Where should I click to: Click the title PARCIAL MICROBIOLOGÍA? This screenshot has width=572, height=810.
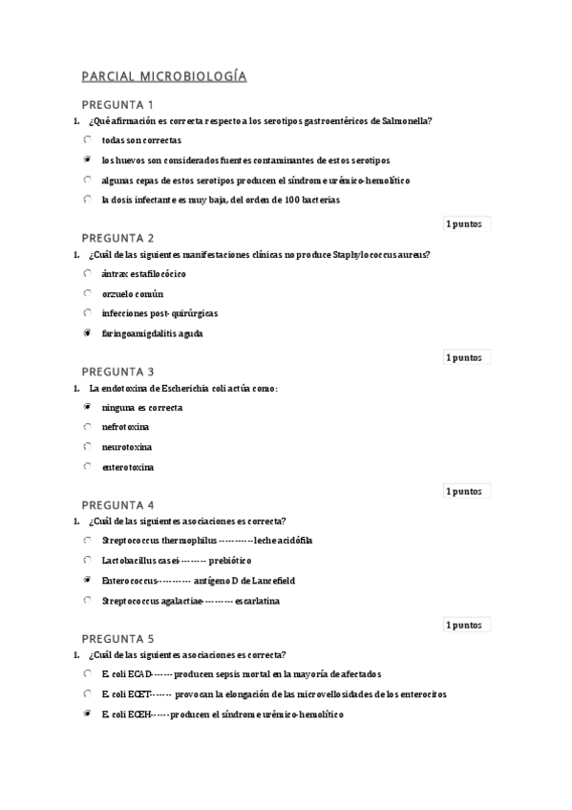[164, 76]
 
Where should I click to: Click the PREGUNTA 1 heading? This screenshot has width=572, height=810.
[117, 104]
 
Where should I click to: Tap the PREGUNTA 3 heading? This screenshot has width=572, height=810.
[117, 371]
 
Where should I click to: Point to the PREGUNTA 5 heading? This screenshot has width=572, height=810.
[117, 638]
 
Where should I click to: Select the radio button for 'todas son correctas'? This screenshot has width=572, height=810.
[87, 139]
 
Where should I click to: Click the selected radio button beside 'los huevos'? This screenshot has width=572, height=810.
[87, 160]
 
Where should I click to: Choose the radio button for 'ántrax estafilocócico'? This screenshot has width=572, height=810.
[87, 273]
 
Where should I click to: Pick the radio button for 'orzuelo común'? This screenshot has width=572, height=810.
[87, 293]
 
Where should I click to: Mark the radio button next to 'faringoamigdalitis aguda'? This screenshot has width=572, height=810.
[87, 333]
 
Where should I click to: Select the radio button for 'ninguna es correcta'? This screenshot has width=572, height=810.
[87, 407]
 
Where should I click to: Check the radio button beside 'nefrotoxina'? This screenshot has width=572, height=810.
[87, 427]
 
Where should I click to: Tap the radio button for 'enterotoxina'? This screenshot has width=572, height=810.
[87, 467]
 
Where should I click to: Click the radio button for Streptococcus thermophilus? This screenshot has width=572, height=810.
[87, 540]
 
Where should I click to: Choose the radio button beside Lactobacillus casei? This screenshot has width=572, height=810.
[87, 560]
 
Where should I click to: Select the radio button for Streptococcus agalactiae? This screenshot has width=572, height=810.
[87, 600]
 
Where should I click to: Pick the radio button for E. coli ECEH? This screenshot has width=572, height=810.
[87, 714]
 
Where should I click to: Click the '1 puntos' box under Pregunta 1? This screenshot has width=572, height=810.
[464, 224]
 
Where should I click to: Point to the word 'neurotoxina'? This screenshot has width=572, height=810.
[127, 447]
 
